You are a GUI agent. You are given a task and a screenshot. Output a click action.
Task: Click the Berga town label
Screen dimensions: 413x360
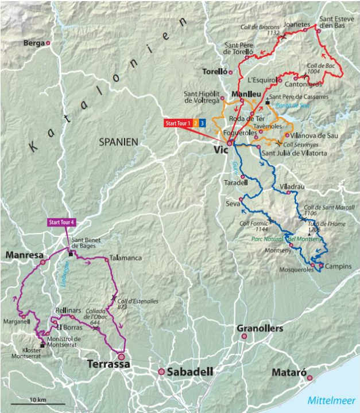pos(34,43)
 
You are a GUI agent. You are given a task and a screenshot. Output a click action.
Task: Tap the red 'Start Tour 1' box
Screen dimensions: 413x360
pos(177,123)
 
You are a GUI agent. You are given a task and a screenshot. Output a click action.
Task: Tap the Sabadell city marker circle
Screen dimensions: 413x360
pos(161,372)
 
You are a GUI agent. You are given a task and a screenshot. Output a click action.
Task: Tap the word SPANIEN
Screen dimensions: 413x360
pos(119,141)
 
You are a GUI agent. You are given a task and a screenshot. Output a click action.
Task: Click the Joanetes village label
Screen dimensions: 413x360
pos(297,25)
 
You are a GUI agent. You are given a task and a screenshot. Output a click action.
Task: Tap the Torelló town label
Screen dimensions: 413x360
pos(215,72)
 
